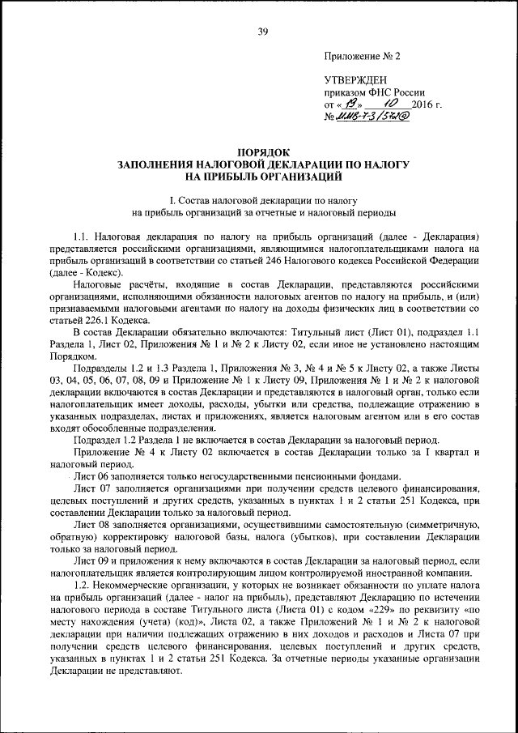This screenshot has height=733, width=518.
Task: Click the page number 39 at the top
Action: (262, 32)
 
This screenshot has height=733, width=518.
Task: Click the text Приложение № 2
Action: (362, 58)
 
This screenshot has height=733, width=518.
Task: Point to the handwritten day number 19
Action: (349, 104)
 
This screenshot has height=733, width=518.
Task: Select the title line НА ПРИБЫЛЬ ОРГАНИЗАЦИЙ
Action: (263, 176)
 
